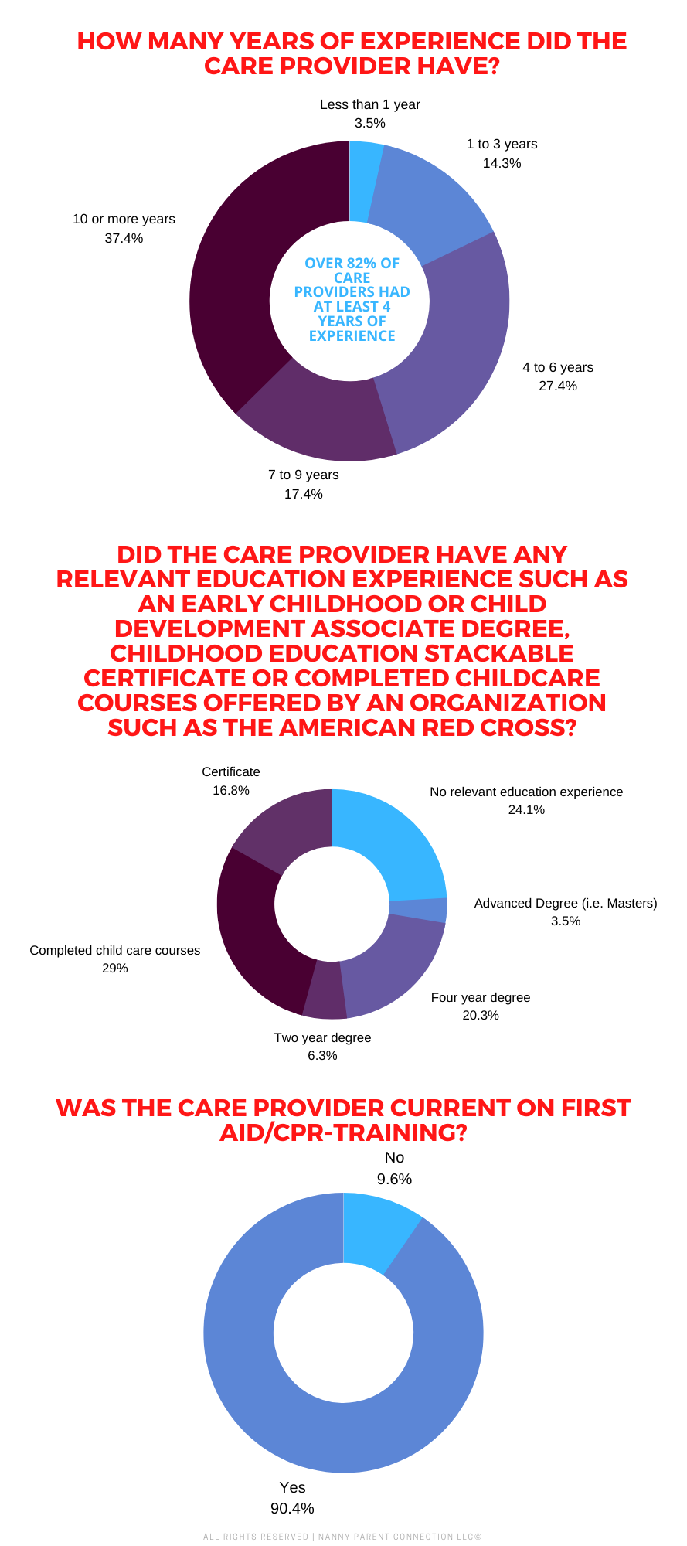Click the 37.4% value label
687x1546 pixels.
[124, 238]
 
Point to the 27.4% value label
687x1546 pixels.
[558, 386]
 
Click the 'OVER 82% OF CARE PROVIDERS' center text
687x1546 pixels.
[352, 299]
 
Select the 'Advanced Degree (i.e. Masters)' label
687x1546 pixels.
[566, 903]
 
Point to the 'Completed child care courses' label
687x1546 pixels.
[114, 950]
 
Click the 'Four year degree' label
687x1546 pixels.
[481, 997]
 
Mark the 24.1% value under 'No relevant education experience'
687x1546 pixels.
[526, 809]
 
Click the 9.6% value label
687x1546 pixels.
[394, 1179]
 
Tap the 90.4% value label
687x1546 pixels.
[292, 1508]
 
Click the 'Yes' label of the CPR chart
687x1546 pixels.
[293, 1487]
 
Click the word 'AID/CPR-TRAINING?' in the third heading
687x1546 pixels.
[344, 1132]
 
